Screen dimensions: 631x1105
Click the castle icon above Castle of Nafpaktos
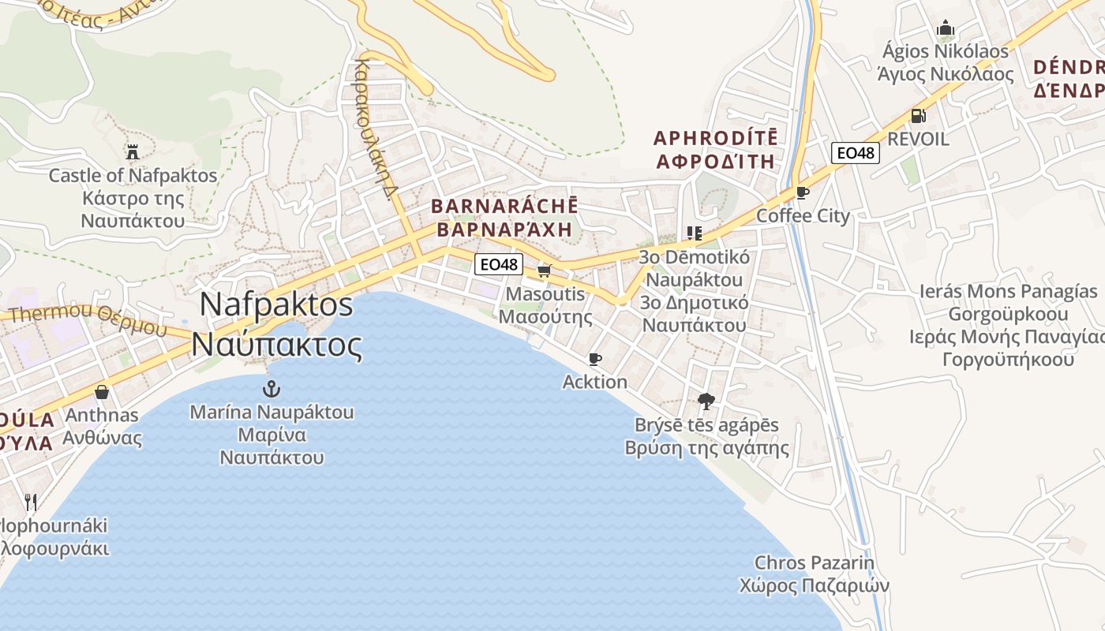click(x=132, y=151)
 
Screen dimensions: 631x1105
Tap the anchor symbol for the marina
click(x=272, y=388)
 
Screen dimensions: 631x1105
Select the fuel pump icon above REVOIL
click(x=918, y=115)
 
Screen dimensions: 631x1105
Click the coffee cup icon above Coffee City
click(x=803, y=192)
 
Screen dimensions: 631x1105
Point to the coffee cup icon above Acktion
click(x=595, y=359)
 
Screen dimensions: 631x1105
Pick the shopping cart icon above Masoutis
click(x=543, y=271)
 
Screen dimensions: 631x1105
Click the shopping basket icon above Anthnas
click(x=102, y=392)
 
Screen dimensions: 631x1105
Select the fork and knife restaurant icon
click(x=31, y=502)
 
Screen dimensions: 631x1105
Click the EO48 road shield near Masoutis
click(x=499, y=264)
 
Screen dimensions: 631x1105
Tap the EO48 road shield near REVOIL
click(x=856, y=152)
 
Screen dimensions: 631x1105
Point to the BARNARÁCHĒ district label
click(x=504, y=207)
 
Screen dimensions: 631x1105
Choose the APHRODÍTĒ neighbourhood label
click(x=716, y=138)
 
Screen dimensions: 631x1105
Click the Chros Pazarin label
click(x=815, y=563)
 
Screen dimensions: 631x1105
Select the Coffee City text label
click(x=803, y=216)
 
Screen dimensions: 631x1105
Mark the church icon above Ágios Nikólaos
click(x=945, y=29)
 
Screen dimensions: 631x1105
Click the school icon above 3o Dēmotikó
click(x=694, y=233)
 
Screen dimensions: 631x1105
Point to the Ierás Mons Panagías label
click(x=1008, y=291)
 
